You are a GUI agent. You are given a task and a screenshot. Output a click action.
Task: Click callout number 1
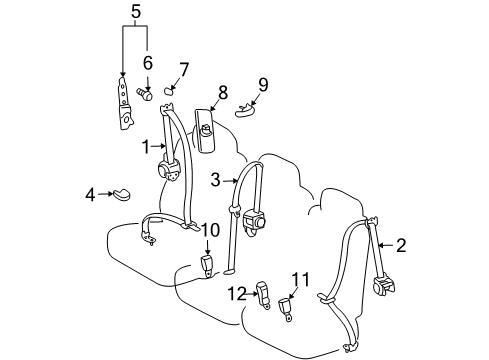(146, 146)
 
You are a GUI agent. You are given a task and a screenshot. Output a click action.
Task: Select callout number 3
(215, 180)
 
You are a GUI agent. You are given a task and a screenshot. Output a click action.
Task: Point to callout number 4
(90, 194)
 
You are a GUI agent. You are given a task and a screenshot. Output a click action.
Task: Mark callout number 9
(263, 84)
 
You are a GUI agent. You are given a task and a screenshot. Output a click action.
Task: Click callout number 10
(209, 230)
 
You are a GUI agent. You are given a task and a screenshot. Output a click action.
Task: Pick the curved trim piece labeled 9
(246, 110)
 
